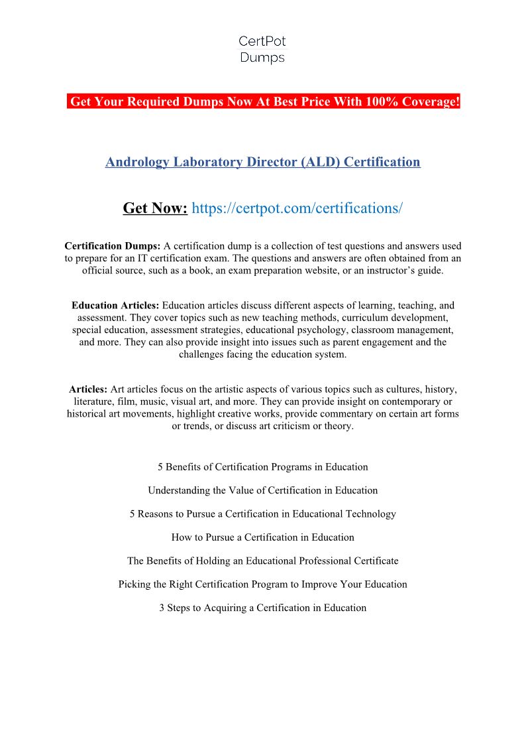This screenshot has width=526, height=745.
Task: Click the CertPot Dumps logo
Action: [262, 50]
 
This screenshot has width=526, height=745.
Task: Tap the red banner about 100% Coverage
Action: [263, 102]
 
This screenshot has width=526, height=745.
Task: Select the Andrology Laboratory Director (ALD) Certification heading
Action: [262, 162]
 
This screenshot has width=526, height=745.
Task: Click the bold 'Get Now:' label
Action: [155, 208]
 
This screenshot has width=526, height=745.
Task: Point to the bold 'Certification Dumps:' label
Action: [113, 246]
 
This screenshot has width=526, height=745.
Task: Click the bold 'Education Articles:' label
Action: [115, 306]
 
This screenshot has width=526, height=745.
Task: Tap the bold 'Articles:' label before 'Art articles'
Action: [88, 389]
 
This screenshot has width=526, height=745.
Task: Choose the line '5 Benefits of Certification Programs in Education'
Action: [262, 467]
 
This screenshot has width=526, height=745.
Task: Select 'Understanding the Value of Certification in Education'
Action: [262, 491]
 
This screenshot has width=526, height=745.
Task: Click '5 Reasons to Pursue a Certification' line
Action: [262, 514]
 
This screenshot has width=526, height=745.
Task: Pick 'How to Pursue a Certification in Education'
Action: [262, 537]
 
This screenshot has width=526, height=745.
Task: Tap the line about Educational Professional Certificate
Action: [262, 561]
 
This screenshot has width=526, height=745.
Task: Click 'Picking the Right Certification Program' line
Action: [262, 584]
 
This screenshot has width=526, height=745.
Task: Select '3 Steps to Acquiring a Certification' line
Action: [262, 608]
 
